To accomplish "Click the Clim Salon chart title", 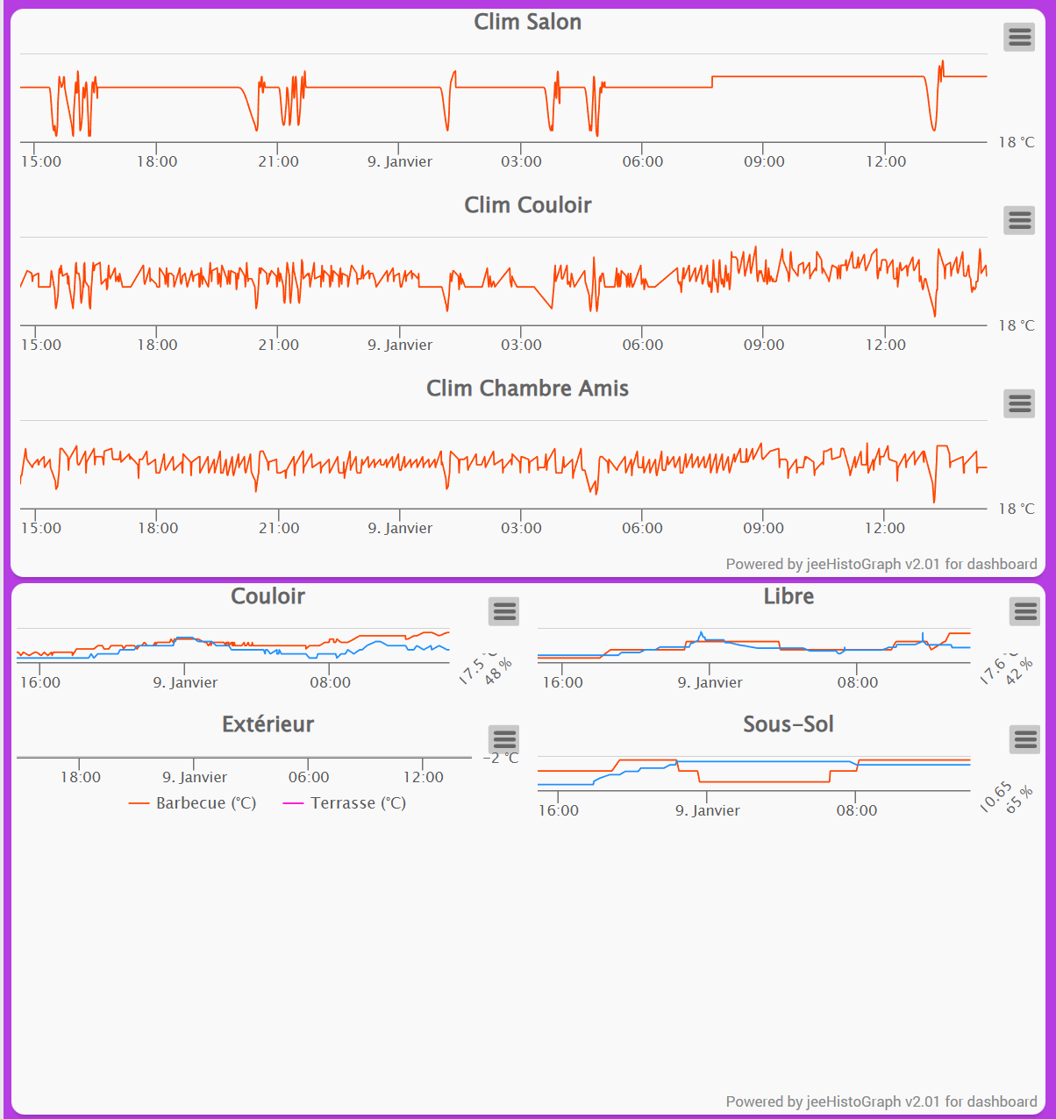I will [x=527, y=23].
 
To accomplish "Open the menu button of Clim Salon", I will [x=1019, y=37].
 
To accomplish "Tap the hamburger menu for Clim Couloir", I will [x=1019, y=220].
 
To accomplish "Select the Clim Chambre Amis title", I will [x=527, y=388].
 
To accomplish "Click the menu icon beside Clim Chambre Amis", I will [x=1019, y=403].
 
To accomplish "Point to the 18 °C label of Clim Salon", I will [x=1016, y=142].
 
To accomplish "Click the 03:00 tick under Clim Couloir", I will [x=521, y=345].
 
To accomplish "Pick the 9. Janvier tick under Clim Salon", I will [x=400, y=161].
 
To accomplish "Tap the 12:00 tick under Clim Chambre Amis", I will [x=884, y=528].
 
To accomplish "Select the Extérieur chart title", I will [x=268, y=724].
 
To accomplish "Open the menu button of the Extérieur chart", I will [x=504, y=739].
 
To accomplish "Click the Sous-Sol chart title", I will [x=788, y=724].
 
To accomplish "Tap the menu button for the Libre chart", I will [x=1025, y=611].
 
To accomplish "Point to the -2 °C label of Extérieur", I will [x=501, y=758].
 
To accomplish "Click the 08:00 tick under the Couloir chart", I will [x=330, y=682].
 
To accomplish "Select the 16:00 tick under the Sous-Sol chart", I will [x=559, y=810].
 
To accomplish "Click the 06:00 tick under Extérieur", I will [x=309, y=777].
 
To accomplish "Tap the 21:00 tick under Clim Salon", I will [x=278, y=161].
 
